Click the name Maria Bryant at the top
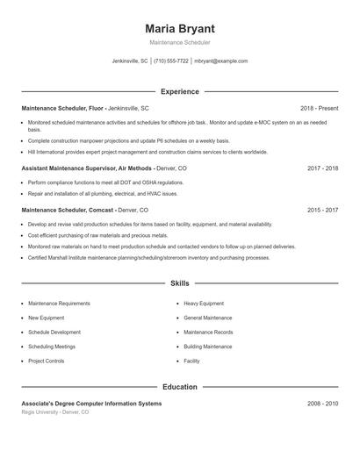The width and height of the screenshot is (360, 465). (x=179, y=28)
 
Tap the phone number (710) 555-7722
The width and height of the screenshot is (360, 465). (x=172, y=61)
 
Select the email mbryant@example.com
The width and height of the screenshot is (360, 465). (x=221, y=61)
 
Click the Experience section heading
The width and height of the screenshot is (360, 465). (x=179, y=91)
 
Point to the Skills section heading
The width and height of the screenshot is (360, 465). (x=179, y=284)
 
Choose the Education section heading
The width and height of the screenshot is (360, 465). (x=179, y=386)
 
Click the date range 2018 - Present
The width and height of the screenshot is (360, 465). (x=319, y=108)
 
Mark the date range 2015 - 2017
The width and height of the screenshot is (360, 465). (x=322, y=211)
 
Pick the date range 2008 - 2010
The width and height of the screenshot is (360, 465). (x=322, y=403)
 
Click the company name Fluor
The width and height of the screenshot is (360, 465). (x=96, y=108)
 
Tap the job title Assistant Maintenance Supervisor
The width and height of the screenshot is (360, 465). (x=68, y=167)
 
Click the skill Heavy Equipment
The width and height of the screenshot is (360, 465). (x=204, y=304)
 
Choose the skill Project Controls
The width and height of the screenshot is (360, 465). (x=46, y=361)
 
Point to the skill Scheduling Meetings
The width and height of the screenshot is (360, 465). (x=52, y=347)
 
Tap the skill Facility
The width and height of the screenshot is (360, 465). (x=191, y=361)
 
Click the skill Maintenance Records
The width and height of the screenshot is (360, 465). (x=208, y=333)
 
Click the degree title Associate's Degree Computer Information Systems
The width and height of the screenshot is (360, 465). (x=91, y=403)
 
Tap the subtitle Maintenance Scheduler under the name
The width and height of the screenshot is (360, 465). (x=179, y=42)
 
